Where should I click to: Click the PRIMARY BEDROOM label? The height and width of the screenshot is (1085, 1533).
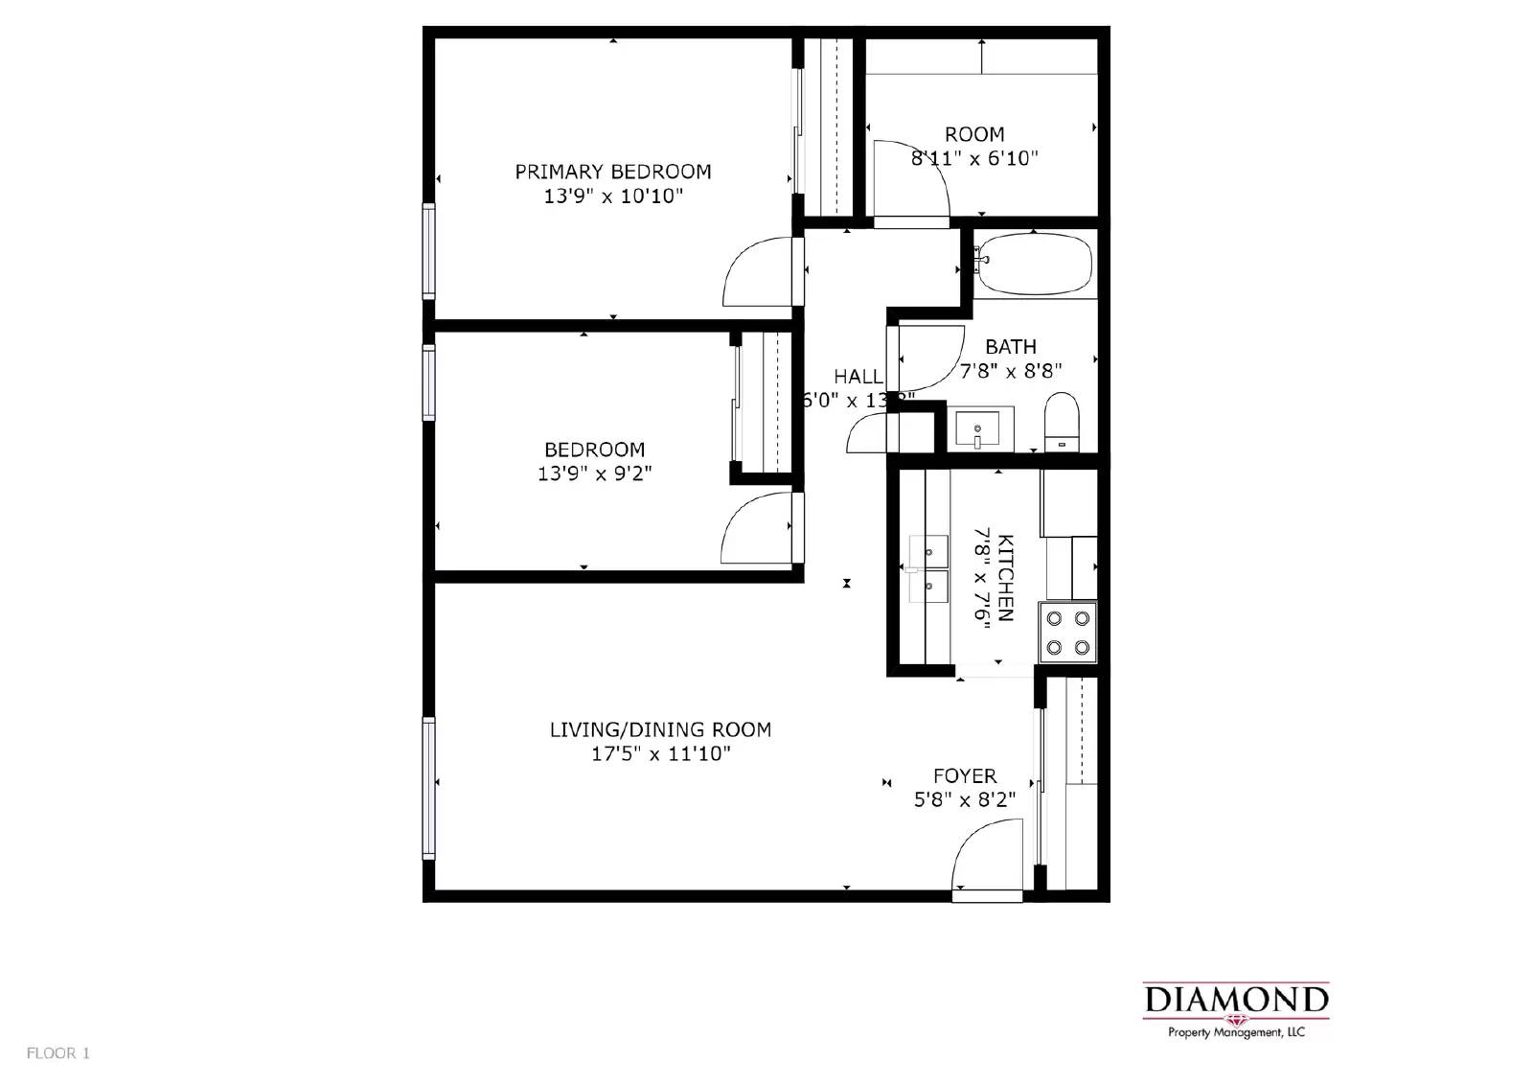613,172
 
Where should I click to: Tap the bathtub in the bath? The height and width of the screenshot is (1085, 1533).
1035,264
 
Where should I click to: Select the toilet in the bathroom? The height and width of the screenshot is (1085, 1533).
1062,422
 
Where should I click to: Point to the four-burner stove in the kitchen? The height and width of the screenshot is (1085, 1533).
1068,633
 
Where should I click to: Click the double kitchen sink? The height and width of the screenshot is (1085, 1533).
928,566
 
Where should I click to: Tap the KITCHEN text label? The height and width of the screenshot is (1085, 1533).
1005,577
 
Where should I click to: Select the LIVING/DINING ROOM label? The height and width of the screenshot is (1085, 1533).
660,729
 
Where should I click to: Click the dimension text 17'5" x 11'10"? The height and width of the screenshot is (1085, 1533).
660,754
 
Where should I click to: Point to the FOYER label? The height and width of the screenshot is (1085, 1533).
965,775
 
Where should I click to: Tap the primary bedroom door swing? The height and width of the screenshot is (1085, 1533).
757,272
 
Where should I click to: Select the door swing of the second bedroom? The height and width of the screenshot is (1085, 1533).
755,529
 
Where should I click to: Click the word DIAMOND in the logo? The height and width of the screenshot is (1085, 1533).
1236,1000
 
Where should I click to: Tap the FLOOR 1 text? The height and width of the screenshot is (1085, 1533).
57,1053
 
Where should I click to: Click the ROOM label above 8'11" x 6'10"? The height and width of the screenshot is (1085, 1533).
974,134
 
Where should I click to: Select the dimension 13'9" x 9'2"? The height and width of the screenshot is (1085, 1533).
594,473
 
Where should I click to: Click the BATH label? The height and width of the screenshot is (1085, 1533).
1011,346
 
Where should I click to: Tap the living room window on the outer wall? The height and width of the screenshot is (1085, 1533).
429,787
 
